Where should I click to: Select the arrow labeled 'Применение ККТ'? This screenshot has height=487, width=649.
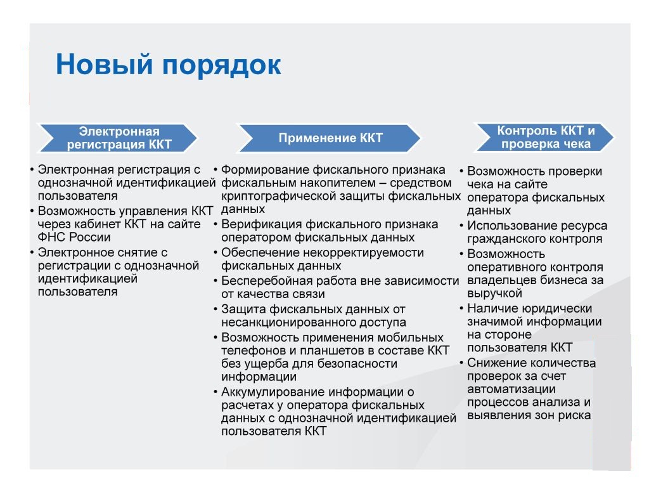330,138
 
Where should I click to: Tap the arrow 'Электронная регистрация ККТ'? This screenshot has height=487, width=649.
117,138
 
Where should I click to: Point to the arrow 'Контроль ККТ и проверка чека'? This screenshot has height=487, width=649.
544,137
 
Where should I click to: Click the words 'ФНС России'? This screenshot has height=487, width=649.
74,237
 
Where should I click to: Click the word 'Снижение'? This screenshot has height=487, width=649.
494,363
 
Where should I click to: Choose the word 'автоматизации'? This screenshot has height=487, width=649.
511,389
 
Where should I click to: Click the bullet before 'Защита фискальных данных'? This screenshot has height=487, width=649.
215,309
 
